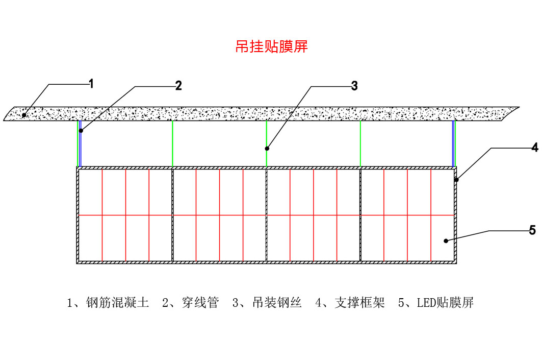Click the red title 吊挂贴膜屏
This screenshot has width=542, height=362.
click(x=271, y=47)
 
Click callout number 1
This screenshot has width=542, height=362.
click(x=91, y=84)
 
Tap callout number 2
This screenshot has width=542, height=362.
click(x=178, y=86)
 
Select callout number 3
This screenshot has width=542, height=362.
click(x=354, y=86)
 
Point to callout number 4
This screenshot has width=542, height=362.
click(x=534, y=148)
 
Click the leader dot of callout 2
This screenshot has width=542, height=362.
click(x=81, y=131)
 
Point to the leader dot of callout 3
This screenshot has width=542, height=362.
click(x=267, y=149)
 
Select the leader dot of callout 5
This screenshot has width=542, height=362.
click(x=445, y=240)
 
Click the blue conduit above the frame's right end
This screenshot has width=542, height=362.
click(x=453, y=143)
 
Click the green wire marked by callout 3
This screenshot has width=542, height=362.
click(x=267, y=138)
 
